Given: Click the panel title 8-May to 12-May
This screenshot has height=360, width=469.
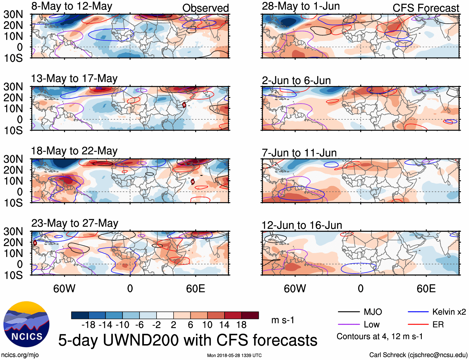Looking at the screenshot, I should point(72,7).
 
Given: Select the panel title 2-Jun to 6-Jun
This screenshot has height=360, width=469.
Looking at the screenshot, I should point(296,81).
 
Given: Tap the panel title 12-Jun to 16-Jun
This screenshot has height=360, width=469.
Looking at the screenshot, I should point(302,225).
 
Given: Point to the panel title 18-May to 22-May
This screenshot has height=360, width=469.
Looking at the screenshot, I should point(74,151).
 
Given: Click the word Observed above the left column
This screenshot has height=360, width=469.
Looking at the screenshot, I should point(205,8).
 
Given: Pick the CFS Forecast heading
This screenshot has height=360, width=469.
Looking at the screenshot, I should point(426,8).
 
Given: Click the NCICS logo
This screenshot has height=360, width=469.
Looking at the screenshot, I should point(26,324).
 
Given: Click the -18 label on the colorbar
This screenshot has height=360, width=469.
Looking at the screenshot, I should point(89,325).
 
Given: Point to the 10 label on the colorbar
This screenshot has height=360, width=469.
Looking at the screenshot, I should point(207,325).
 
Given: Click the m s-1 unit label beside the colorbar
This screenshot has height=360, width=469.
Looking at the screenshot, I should point(283,320).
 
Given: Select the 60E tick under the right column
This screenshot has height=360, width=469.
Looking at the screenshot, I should point(426,288).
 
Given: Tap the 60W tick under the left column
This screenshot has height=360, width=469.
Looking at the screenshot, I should point(64,288).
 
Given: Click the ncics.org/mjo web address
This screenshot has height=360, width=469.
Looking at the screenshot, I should point(20,355).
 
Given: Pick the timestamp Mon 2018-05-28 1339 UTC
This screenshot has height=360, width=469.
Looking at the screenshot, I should point(234,355).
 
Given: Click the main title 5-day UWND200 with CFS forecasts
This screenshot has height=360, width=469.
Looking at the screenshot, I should point(188,340).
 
